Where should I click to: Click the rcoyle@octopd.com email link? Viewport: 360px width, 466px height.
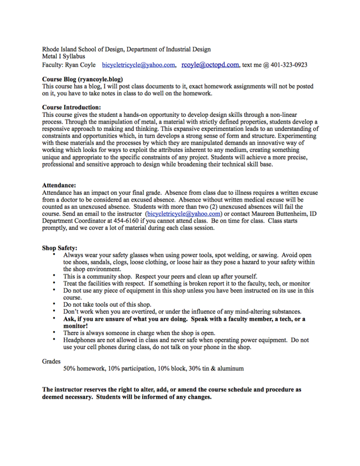210,64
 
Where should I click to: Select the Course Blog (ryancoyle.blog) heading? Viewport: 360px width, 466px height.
82,79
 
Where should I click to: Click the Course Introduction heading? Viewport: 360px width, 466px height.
72,107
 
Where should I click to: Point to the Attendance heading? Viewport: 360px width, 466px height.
59,186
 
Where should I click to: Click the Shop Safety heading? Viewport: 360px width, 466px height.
60,248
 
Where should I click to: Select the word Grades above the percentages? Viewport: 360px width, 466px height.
52,361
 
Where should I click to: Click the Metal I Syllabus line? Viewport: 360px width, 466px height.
63,56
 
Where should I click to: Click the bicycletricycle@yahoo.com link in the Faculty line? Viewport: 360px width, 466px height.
139,65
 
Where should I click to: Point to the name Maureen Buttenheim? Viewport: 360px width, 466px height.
267,214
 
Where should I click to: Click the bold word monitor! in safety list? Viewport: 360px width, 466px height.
76,326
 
